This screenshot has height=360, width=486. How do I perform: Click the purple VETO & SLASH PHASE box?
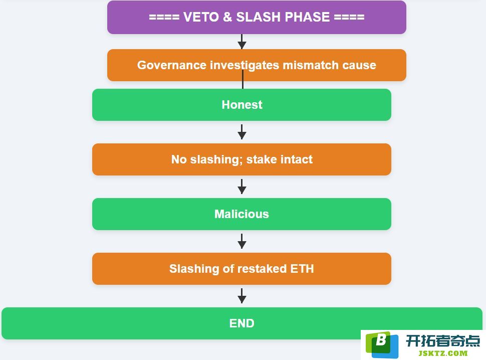point(257,17)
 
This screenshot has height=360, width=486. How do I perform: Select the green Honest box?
point(242,105)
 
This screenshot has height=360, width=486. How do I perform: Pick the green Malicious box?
point(242,214)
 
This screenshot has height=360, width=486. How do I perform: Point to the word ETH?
point(302,269)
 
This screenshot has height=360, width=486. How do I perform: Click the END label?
point(242,323)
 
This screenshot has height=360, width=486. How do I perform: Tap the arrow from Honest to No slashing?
point(242,132)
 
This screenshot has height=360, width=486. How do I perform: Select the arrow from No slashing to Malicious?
point(242,187)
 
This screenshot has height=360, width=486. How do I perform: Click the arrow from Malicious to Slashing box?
point(242,241)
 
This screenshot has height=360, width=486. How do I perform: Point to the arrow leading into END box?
point(242,296)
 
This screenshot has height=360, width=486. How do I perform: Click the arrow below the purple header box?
point(242,42)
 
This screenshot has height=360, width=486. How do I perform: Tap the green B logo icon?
point(382,345)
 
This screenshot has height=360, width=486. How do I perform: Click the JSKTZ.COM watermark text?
point(443,353)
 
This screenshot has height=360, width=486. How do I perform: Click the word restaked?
point(262,269)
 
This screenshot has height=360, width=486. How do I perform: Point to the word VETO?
point(201,17)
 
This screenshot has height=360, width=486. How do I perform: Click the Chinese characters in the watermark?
point(443,341)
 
